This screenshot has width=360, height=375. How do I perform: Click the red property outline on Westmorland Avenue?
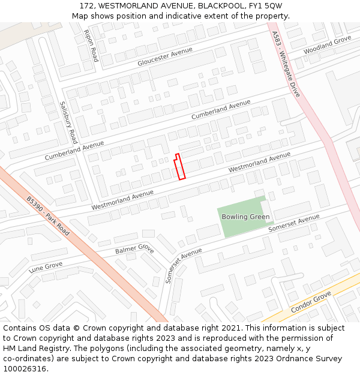pyautogui.click(x=179, y=167)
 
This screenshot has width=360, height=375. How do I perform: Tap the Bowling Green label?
pyautogui.click(x=245, y=217)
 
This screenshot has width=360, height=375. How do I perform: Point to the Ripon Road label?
pyautogui.click(x=91, y=46)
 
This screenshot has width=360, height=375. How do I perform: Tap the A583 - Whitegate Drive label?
pyautogui.click(x=286, y=64)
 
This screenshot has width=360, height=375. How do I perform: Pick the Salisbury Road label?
pyautogui.click(x=68, y=122)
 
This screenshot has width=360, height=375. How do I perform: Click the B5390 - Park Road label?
pyautogui.click(x=48, y=215)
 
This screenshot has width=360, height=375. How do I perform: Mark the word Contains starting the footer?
pyautogui.click(x=20, y=328)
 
